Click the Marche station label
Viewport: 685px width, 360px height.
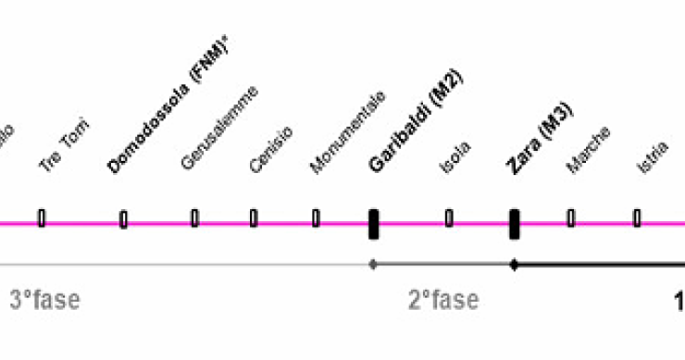(x=589, y=149)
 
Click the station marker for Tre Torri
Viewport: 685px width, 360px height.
(x=42, y=218)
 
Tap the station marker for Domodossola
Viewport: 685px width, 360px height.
(x=123, y=219)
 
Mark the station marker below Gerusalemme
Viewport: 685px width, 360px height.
(x=194, y=218)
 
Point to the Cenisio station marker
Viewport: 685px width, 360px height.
(x=254, y=218)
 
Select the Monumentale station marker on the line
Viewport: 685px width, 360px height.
(x=316, y=218)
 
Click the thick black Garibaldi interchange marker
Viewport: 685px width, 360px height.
(x=373, y=223)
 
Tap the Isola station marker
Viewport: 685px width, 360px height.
(x=449, y=218)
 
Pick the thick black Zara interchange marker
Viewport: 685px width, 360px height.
(x=514, y=223)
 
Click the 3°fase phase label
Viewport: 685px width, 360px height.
(x=44, y=300)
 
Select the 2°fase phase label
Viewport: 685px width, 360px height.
(x=443, y=300)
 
